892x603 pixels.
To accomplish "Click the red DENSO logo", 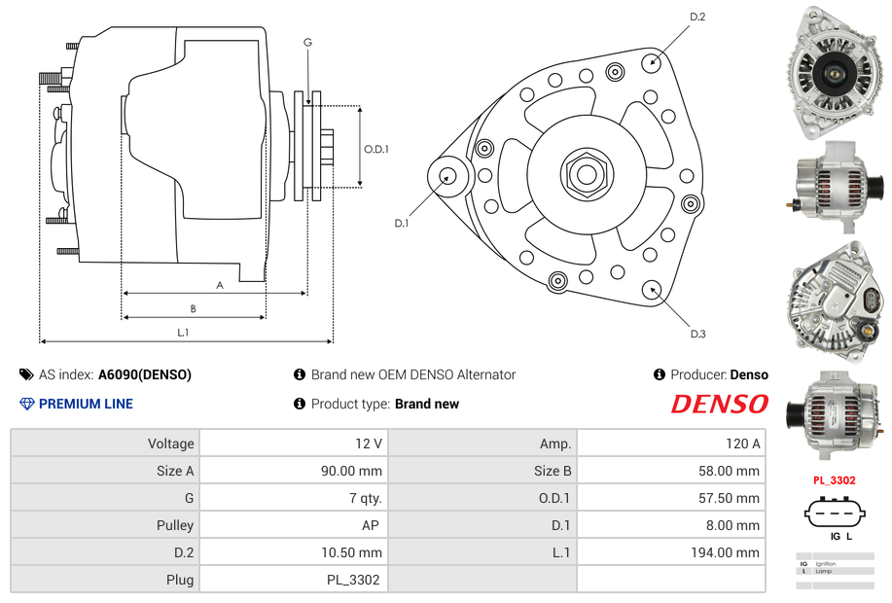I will tap(719, 404).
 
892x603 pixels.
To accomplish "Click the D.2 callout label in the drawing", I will tap(696, 18).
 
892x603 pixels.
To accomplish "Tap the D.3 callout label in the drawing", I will tap(696, 334).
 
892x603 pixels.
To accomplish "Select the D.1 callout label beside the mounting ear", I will tap(402, 223).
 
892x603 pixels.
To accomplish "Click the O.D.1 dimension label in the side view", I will tap(376, 149).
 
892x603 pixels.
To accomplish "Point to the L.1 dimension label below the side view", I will tap(183, 333).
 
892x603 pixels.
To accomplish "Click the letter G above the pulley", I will tap(307, 42).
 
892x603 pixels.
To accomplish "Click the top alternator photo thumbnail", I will tap(836, 69).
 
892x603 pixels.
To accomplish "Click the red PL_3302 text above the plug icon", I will tap(834, 480).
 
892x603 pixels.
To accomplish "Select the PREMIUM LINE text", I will tap(86, 404).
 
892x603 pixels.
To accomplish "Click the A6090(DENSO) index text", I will tap(145, 374).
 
